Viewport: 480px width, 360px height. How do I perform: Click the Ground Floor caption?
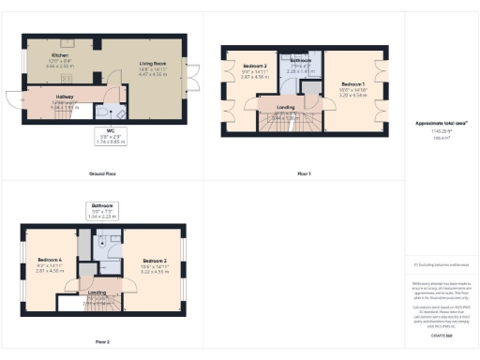[104, 173]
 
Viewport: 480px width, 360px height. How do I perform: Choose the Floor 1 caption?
[303, 173]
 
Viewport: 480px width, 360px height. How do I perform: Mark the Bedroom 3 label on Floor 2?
[155, 261]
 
